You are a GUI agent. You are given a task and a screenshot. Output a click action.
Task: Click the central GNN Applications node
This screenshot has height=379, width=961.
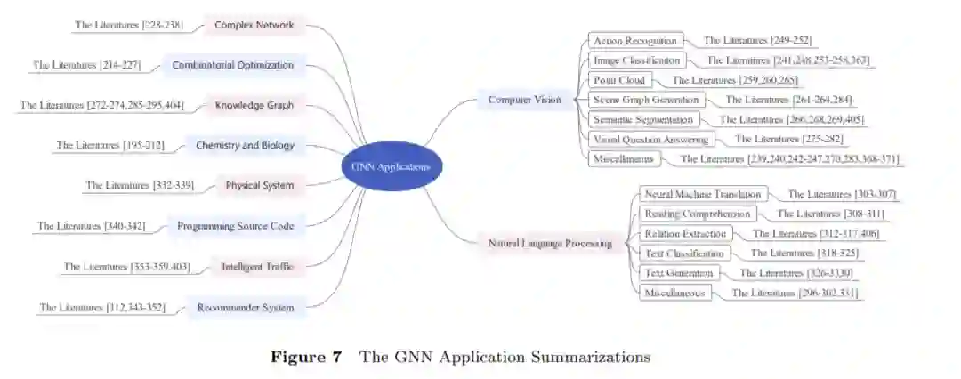[392, 166]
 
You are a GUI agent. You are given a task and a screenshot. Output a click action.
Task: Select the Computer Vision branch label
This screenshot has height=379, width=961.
[524, 101]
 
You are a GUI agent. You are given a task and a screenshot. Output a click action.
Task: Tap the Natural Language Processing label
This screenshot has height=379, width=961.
[551, 243]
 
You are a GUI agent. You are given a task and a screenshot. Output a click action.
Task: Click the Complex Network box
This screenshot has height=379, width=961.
[254, 25]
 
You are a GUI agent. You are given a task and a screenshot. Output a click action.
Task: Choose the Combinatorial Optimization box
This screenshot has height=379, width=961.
[232, 65]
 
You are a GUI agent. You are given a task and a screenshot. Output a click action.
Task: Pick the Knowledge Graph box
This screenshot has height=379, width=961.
[254, 105]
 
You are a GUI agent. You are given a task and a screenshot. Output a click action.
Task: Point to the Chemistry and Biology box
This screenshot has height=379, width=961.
[244, 145]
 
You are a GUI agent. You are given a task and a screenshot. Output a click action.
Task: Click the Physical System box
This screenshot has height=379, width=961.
[259, 186]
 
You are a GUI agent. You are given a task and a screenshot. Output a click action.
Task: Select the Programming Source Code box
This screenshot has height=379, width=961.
[235, 226]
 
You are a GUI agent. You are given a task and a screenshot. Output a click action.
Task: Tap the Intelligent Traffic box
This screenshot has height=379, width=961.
[257, 266]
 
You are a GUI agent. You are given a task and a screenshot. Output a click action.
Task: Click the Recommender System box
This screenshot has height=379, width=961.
[246, 308]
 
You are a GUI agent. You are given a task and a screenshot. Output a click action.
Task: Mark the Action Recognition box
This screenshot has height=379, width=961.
[635, 41]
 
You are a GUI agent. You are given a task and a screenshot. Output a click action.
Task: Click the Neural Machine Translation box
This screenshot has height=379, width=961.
[703, 194]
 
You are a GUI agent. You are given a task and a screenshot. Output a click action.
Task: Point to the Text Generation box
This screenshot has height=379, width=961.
[678, 273]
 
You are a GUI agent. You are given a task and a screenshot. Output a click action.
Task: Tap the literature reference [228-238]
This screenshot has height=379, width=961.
[128, 25]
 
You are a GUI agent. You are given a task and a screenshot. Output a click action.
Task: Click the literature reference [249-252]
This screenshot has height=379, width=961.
[757, 41]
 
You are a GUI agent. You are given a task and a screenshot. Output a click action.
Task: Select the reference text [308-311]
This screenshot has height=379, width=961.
[831, 214]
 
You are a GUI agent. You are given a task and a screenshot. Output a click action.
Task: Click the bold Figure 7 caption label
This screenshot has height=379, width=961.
[306, 358]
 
